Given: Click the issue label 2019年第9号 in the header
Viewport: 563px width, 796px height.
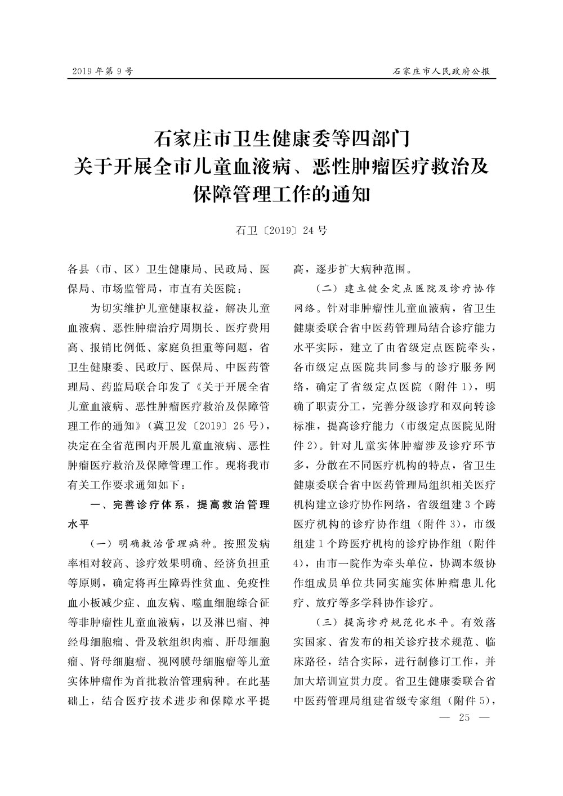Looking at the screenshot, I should click(102, 71).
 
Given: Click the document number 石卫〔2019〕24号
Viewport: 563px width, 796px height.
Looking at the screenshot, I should click(281, 230).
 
